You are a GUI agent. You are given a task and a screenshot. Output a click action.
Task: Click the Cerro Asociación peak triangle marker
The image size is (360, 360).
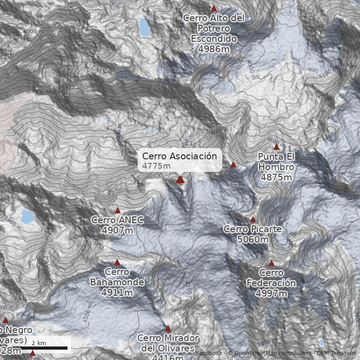click(180, 180)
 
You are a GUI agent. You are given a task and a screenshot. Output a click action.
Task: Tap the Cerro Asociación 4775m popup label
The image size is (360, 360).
click(180, 160)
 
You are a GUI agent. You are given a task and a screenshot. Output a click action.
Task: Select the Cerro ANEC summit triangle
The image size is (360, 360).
click(117, 210)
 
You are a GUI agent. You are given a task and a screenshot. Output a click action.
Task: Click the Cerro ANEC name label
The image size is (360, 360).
click(117, 220)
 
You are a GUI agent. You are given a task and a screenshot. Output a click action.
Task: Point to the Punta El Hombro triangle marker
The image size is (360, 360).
click(277, 147)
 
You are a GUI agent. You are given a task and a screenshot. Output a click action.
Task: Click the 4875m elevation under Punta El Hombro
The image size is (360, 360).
click(276, 177)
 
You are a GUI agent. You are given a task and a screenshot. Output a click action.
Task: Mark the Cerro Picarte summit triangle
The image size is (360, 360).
click(253, 220)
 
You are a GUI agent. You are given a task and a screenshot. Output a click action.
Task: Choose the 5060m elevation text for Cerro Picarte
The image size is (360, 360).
click(253, 239)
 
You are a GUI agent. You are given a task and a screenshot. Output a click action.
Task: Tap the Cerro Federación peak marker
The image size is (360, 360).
click(271, 263)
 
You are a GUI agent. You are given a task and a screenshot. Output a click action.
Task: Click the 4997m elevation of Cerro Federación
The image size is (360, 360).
click(271, 293)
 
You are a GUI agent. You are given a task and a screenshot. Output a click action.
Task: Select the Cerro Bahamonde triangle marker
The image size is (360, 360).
click(117, 262)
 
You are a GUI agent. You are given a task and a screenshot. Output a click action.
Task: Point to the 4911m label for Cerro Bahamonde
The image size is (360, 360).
click(117, 292)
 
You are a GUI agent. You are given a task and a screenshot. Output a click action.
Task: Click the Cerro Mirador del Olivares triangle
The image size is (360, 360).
click(168, 328)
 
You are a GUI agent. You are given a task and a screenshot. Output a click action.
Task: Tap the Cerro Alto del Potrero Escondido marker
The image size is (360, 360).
click(214, 9)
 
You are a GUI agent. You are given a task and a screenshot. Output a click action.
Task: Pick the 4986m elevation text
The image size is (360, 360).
click(214, 49)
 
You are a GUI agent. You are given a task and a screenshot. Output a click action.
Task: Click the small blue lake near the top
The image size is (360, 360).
click(144, 27)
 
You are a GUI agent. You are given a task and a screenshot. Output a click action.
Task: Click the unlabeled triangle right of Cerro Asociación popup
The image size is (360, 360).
click(233, 165)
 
